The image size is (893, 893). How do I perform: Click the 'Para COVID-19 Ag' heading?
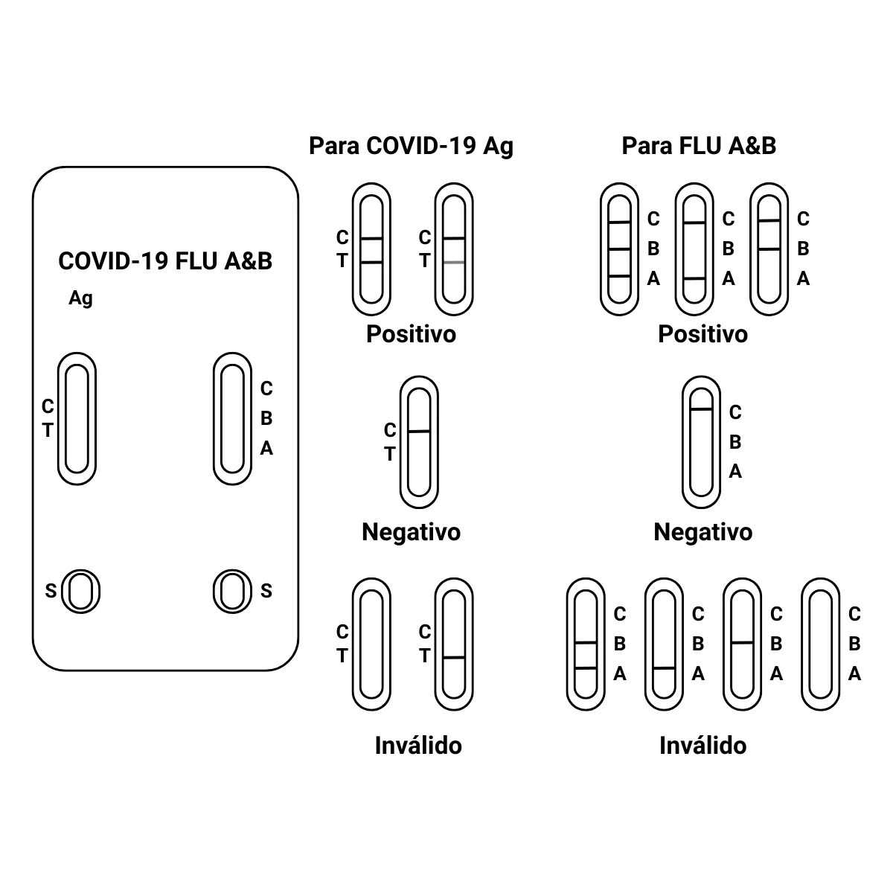pos(411,146)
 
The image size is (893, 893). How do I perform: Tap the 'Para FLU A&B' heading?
pos(699,146)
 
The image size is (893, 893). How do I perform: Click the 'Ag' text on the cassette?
pos(80,298)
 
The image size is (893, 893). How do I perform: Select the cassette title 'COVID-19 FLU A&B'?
pos(165,261)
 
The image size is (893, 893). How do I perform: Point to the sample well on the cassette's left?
pos(80,592)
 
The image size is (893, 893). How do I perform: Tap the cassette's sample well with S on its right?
pos(232,592)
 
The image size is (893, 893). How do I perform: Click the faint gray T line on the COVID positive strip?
pos(454,263)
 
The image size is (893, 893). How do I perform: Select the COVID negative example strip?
pos(419,442)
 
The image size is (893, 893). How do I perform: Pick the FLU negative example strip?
pos(701,442)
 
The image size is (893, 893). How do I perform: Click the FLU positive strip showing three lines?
pos(619,249)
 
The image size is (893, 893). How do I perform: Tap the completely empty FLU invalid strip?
pos(820,644)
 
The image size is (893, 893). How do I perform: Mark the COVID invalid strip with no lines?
pos(371,644)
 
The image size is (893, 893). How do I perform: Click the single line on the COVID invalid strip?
pos(454,658)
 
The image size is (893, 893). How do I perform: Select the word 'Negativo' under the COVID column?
pos(411,532)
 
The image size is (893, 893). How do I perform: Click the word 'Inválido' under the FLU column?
pos(702,745)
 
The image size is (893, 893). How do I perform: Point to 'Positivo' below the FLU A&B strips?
pos(702,334)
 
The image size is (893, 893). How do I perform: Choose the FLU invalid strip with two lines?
pos(586,644)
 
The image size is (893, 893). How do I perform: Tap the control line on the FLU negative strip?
pos(701,409)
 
